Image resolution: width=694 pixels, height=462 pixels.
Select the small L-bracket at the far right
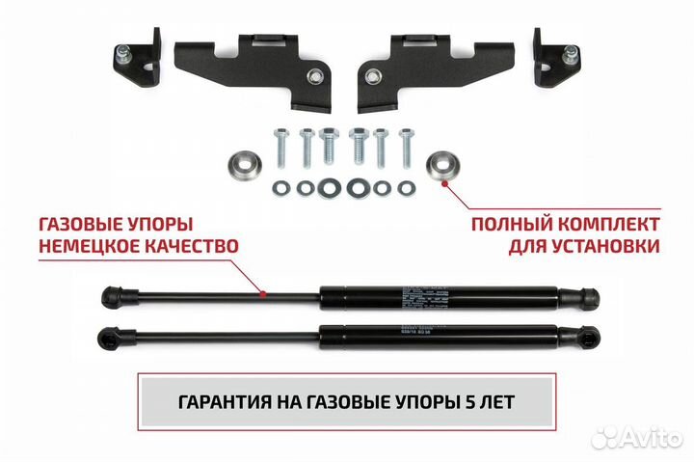tap(556, 57)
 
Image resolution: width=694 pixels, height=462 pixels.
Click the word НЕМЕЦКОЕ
tap(93, 246)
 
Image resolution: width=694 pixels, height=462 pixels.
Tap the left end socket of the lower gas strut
tap(113, 337)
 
